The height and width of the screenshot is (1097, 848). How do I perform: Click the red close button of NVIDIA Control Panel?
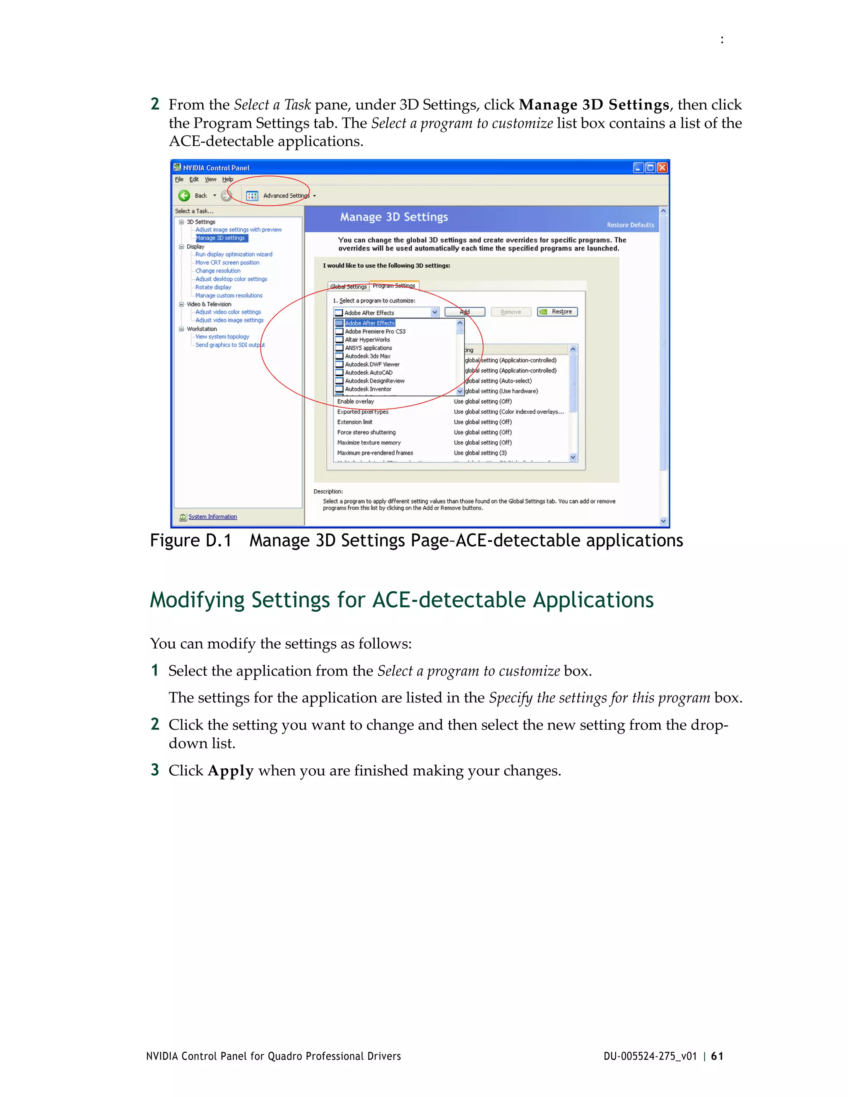pos(662,168)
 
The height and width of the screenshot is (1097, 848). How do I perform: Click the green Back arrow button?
pos(184,195)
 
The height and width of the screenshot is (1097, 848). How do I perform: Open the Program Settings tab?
pos(394,286)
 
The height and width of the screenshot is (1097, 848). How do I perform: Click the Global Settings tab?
pos(348,287)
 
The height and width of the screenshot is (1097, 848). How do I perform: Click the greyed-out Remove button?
pos(511,312)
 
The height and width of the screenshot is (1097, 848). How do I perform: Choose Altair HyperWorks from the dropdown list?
pos(367,339)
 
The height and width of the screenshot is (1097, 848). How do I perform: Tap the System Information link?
pos(212,517)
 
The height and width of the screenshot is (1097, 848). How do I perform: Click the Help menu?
pos(228,179)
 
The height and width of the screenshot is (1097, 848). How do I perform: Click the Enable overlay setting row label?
pos(356,401)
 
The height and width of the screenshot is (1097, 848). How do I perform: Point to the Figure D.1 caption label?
pos(190,541)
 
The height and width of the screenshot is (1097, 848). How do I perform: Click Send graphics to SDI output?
pos(229,345)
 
